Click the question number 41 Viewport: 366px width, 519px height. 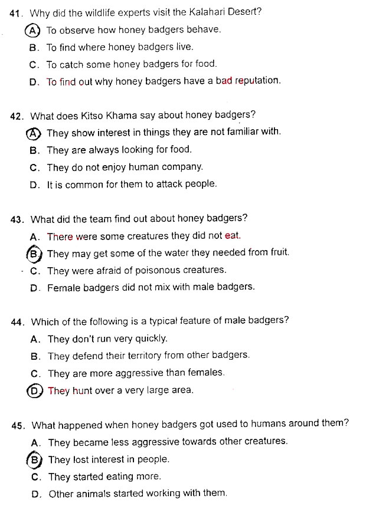[x=17, y=12]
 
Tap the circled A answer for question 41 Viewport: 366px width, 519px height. [x=34, y=30]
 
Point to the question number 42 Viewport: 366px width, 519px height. [x=17, y=116]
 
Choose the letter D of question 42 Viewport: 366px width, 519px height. [x=35, y=185]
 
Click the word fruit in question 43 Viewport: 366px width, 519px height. [x=277, y=253]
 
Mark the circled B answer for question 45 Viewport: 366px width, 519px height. [x=36, y=459]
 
